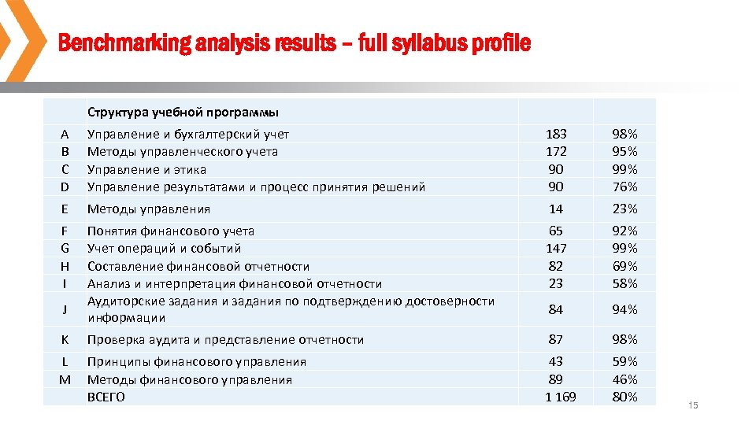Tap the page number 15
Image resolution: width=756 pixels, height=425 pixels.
[693, 405]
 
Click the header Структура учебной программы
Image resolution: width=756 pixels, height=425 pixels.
[183, 112]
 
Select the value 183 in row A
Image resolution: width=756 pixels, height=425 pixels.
[556, 135]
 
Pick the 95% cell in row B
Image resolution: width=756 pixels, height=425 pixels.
[624, 152]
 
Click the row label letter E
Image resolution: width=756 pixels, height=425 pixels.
[65, 209]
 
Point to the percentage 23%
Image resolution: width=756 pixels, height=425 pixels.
[624, 209]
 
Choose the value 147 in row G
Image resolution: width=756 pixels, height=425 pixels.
[556, 249]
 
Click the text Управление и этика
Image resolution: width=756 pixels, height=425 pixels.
[146, 169]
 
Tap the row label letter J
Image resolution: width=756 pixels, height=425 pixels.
[65, 310]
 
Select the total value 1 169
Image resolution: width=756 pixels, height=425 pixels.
[560, 397]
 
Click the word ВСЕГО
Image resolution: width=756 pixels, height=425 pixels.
[106, 397]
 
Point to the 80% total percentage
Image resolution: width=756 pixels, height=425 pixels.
[624, 397]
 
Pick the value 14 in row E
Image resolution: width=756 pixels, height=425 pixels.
[556, 209]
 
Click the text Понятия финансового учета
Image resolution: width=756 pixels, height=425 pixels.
[171, 231]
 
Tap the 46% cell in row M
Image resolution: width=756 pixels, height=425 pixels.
[624, 380]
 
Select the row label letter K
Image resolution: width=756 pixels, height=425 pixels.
[65, 340]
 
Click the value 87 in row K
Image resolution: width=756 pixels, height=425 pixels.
[556, 340]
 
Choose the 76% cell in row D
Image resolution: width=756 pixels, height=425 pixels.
[624, 187]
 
